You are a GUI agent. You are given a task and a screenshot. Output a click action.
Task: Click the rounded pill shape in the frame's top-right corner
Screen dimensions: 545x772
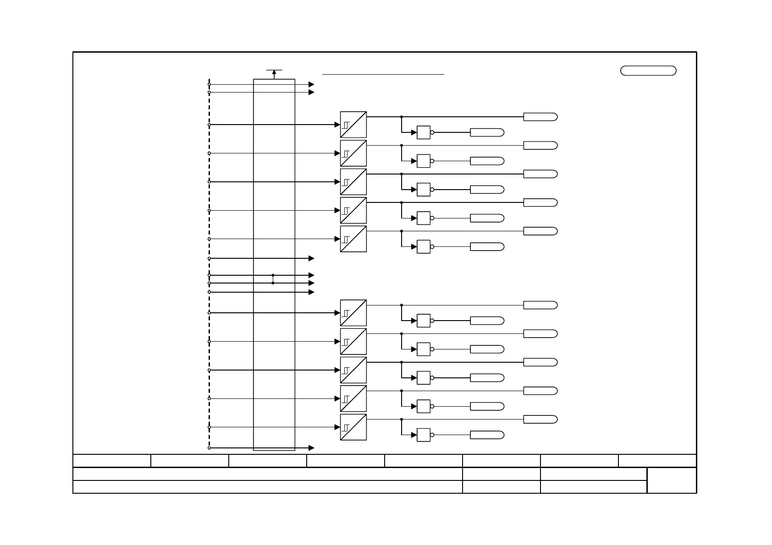[648, 71]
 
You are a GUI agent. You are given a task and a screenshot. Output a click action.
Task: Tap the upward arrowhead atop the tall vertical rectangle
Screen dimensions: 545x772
[274, 72]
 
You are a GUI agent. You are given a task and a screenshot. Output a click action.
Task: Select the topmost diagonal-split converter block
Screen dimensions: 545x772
[353, 125]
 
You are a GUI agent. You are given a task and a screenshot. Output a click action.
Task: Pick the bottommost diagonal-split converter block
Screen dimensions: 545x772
[353, 427]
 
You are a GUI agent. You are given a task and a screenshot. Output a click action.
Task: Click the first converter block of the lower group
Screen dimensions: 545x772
[353, 313]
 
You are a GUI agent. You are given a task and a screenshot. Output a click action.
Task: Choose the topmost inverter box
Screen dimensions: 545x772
[424, 132]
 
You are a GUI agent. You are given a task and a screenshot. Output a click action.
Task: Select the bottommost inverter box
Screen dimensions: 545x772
[424, 435]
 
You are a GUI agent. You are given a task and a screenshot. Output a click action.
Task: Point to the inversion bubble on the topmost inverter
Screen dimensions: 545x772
[432, 132]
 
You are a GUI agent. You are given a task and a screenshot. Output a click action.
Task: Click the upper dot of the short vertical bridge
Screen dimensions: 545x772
[273, 275]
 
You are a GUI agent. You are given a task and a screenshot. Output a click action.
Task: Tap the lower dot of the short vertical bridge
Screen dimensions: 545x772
[273, 283]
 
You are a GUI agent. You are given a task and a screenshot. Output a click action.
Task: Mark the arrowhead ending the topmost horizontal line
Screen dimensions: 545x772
[312, 84]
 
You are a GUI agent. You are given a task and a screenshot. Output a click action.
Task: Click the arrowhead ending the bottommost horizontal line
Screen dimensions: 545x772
[312, 448]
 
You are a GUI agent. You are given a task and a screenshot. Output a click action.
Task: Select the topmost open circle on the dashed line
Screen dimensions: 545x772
[209, 84]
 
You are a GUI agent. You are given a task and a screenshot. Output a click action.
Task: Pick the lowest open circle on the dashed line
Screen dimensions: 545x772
[209, 448]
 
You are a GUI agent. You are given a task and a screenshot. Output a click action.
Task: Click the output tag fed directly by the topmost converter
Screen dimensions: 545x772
[540, 117]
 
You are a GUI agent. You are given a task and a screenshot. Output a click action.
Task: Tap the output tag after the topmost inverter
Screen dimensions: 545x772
[487, 132]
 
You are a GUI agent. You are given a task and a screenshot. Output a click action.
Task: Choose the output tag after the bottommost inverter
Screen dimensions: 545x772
[487, 435]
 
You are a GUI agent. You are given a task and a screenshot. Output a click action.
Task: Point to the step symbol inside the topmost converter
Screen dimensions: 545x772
[346, 125]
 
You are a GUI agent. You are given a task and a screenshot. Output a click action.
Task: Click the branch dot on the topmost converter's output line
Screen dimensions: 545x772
[402, 117]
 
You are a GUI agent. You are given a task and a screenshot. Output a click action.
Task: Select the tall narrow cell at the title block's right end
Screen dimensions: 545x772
[672, 480]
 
